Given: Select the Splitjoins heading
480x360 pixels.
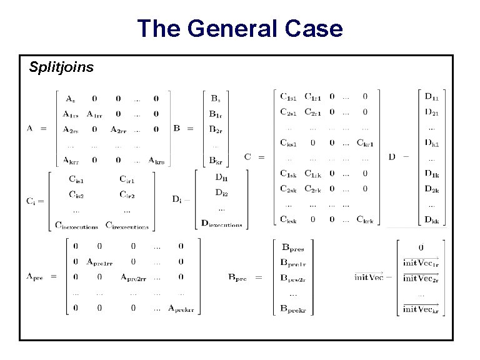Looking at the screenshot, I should pyautogui.click(x=61, y=67).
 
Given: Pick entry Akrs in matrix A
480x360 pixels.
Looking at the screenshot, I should pyautogui.click(x=156, y=160).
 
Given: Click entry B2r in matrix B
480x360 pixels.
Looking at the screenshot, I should pyautogui.click(x=215, y=129).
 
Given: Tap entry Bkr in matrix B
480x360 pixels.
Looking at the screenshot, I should pyautogui.click(x=215, y=161).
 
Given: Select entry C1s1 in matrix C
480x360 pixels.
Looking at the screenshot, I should pyautogui.click(x=289, y=97).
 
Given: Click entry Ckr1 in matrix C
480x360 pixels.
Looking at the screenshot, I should pyautogui.click(x=364, y=144).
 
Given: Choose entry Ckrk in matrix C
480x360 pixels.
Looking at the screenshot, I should pyautogui.click(x=365, y=219).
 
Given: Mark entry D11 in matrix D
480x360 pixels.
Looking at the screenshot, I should pyautogui.click(x=431, y=97).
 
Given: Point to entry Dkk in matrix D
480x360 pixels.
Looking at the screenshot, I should pyautogui.click(x=431, y=219).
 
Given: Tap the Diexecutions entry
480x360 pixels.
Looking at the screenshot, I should pyautogui.click(x=221, y=223).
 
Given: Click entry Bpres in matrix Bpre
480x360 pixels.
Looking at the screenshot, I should pyautogui.click(x=293, y=248).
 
